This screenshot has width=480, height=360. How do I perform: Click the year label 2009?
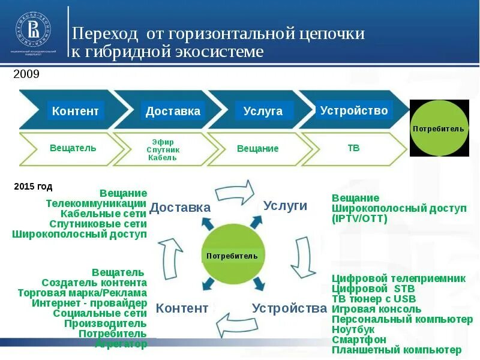[26, 74]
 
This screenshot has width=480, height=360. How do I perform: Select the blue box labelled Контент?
[76, 110]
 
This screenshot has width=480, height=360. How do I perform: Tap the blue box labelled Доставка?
[173, 111]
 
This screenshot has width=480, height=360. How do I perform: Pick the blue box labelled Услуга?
[263, 111]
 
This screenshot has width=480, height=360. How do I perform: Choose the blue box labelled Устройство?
[354, 110]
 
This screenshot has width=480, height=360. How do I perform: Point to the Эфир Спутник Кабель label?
[163, 149]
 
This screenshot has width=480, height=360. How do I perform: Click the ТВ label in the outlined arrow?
[353, 148]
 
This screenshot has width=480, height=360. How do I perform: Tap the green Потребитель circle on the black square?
[439, 128]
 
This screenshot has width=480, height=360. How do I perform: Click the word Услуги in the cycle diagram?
[285, 206]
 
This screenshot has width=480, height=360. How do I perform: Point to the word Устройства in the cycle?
[289, 308]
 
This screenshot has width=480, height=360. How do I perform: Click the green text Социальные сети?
[100, 313]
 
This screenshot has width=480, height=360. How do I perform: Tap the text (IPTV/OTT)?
[359, 218]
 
